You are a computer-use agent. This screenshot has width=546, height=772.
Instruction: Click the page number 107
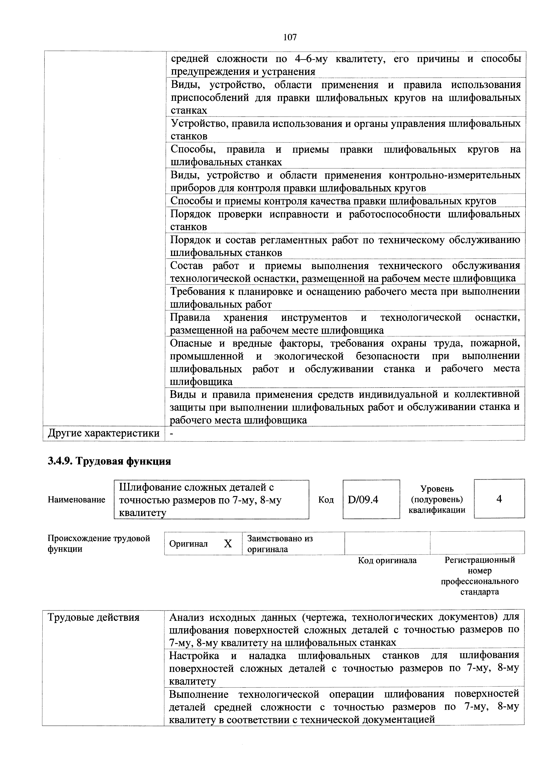click(x=290, y=37)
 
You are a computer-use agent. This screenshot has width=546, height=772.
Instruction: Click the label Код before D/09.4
click(x=326, y=500)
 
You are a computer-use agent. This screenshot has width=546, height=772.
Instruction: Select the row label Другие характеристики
click(x=104, y=433)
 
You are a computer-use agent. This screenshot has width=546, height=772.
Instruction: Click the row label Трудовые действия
click(x=94, y=617)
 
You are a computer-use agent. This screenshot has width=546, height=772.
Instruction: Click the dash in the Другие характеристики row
click(x=172, y=433)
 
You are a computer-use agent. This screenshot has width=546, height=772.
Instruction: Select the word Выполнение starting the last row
click(x=199, y=694)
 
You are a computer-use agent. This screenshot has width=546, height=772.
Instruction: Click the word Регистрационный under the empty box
click(x=479, y=560)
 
